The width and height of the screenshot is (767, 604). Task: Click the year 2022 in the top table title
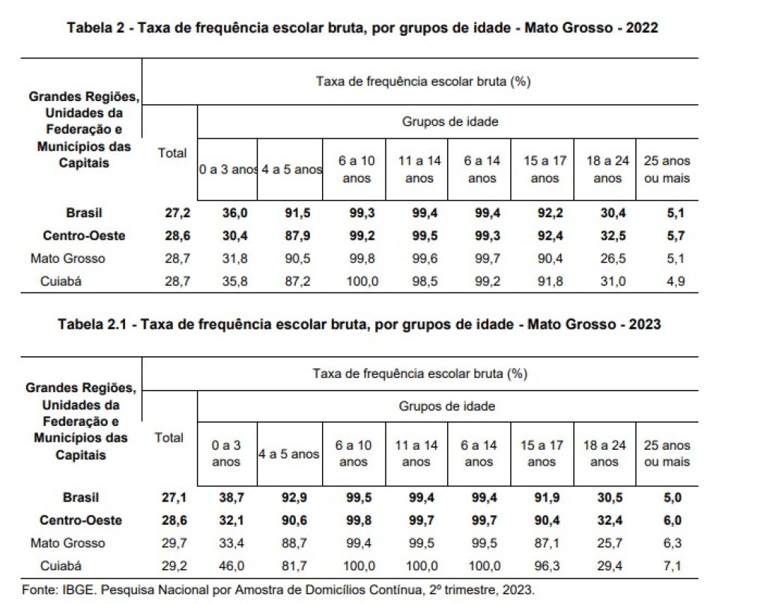[642, 28]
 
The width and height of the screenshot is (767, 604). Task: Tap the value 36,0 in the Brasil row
[234, 213]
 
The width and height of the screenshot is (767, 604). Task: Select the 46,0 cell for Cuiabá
[231, 566]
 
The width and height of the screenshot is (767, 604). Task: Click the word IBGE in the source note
[78, 590]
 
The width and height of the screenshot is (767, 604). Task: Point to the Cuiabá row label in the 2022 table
[61, 281]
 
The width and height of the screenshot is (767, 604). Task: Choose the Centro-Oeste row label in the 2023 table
[81, 520]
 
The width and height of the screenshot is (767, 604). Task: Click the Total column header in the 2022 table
[172, 153]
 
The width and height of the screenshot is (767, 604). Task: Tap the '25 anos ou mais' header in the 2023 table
[667, 454]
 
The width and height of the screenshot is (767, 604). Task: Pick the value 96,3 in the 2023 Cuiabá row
[547, 566]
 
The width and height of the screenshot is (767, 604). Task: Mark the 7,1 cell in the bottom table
[672, 566]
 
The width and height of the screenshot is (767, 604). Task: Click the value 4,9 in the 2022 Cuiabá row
[676, 281]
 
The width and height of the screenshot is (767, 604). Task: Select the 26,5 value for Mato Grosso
[613, 258]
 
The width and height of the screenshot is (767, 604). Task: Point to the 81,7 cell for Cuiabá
[294, 566]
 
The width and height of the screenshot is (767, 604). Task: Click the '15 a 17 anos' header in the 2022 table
[545, 169]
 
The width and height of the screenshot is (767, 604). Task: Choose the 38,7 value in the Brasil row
[231, 498]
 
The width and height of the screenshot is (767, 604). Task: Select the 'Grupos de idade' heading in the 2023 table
[447, 406]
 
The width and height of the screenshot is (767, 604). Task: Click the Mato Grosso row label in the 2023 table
[67, 543]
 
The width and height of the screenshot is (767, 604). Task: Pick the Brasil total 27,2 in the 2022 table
[177, 213]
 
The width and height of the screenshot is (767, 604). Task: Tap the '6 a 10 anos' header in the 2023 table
[354, 454]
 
